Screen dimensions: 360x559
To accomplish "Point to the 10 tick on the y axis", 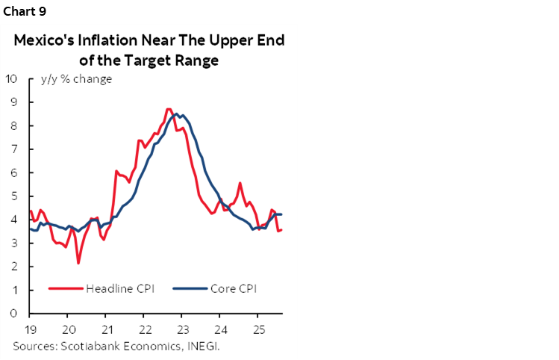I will [x=12, y=78].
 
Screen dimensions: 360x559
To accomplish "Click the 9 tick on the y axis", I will [x=15, y=102].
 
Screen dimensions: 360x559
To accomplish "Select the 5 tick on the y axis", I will [x=15, y=196].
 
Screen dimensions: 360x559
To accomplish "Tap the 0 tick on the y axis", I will [x=15, y=314].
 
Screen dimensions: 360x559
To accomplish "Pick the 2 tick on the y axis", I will [x=15, y=267].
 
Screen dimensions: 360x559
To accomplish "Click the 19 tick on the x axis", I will [x=30, y=329].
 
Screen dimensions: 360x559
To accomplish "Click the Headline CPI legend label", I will [x=119, y=289].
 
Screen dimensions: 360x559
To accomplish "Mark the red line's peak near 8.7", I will [x=169, y=109].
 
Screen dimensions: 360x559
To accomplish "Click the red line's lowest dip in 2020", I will [x=78, y=263].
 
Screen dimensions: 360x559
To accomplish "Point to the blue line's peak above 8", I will [x=176, y=114].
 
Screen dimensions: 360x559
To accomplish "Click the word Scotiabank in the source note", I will [x=84, y=346].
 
